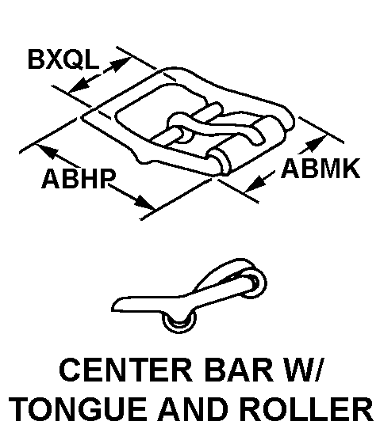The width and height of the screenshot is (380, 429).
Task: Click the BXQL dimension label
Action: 63,59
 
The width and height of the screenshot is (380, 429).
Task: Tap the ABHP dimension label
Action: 79,178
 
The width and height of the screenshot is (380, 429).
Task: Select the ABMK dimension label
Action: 321,169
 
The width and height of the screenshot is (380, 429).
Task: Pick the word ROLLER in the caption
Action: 306,409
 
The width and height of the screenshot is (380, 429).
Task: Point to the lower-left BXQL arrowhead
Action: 79,85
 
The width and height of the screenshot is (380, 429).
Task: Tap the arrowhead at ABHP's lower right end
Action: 144,203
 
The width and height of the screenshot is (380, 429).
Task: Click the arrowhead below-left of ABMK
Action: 255,184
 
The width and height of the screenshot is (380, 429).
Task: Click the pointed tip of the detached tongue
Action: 113,306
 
